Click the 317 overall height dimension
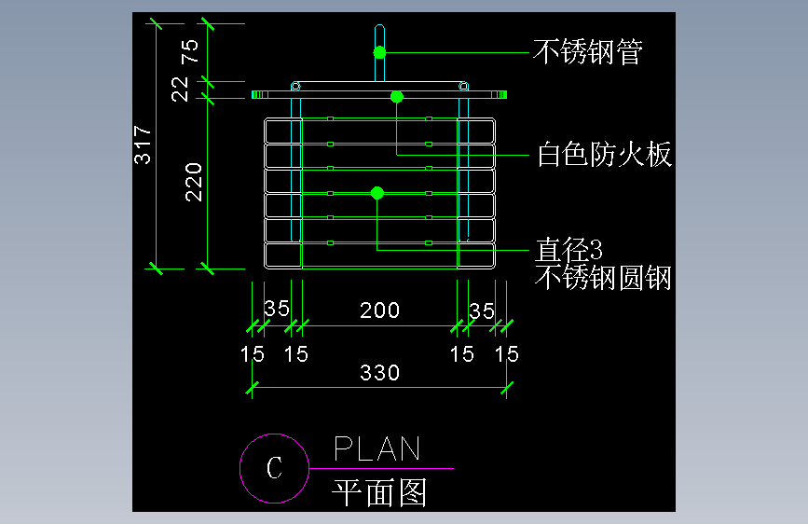[x=143, y=145]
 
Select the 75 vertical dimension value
[x=190, y=51]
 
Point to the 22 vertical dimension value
[x=180, y=89]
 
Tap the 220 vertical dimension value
[x=194, y=182]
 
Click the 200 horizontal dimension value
[x=380, y=310]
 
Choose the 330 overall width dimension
[x=380, y=372]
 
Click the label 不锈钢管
[x=588, y=52]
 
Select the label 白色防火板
[x=605, y=154]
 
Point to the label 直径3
[x=568, y=250]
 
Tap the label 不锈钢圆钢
[x=603, y=278]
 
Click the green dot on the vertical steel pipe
[x=380, y=52]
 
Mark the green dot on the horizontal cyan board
[x=397, y=96]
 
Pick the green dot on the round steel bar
[x=377, y=193]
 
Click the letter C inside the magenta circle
[x=274, y=468]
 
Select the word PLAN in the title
[x=377, y=448]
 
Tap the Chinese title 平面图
[x=379, y=492]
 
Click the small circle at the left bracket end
[x=295, y=86]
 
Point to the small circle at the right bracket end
[x=463, y=86]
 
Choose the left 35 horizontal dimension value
[x=277, y=309]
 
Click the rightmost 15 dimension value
[x=507, y=354]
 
